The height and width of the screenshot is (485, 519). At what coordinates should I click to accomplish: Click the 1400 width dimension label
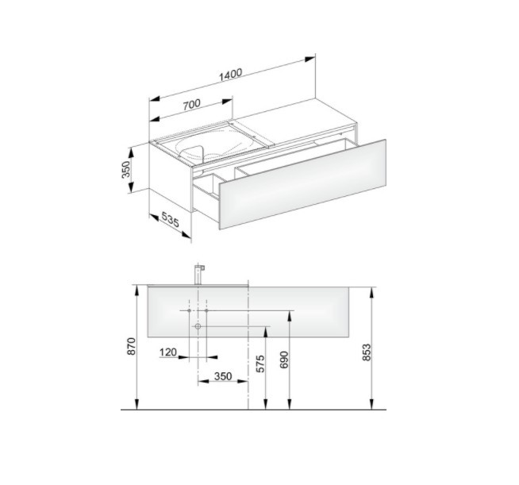pos(231,75)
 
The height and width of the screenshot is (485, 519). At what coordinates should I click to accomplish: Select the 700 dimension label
pos(191,104)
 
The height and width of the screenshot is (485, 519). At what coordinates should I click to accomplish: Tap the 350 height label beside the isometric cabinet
pos(126,169)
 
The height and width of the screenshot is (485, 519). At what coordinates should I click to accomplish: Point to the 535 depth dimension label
pos(170,220)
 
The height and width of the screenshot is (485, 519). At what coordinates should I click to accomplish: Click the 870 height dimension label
pos(132,346)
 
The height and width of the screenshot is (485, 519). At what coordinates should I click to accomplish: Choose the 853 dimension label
pos(367,352)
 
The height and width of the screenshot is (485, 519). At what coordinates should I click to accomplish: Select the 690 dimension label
pos(284,360)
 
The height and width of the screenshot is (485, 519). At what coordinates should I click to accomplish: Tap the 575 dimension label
pos(260,364)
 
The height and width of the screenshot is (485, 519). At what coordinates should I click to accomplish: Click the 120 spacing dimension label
pos(167,352)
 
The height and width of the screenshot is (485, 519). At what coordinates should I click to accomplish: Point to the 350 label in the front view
pos(223,376)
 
